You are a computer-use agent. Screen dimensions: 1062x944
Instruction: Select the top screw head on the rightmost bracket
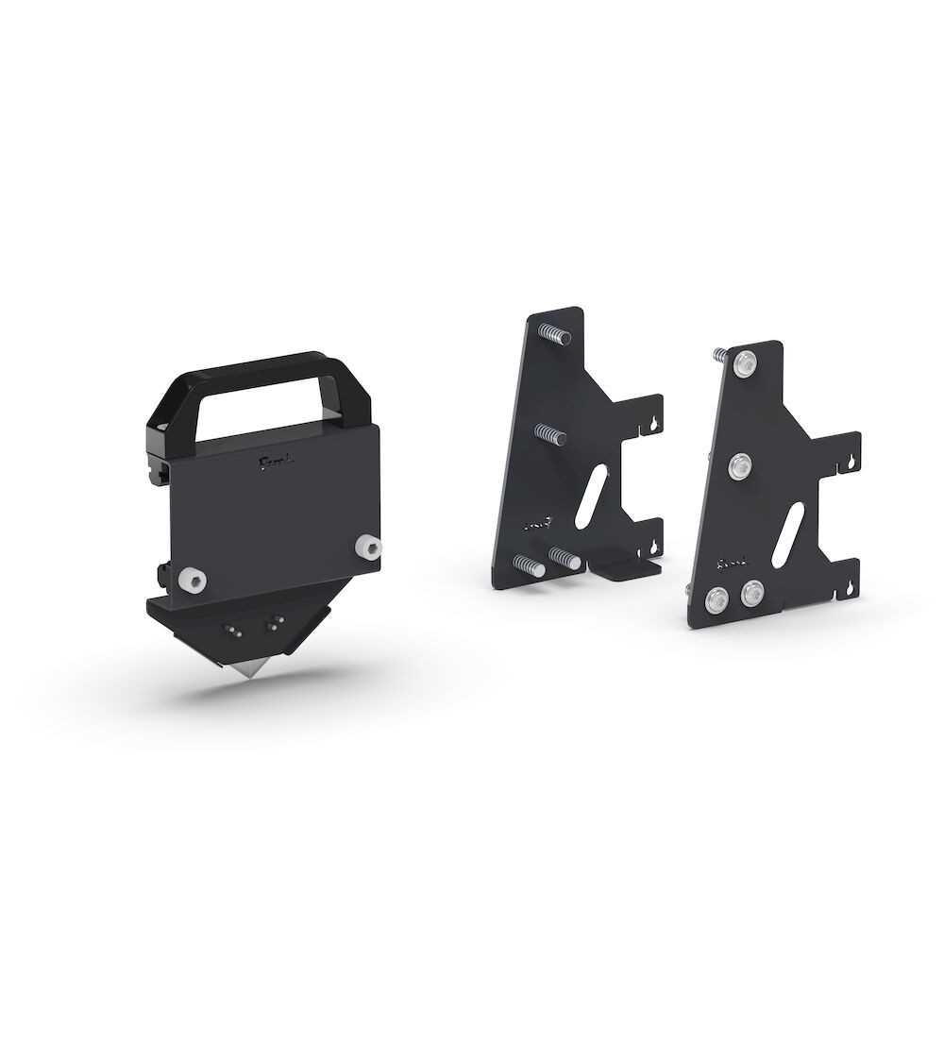tap(747, 361)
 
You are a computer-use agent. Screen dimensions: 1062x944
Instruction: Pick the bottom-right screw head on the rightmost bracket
tap(753, 592)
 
